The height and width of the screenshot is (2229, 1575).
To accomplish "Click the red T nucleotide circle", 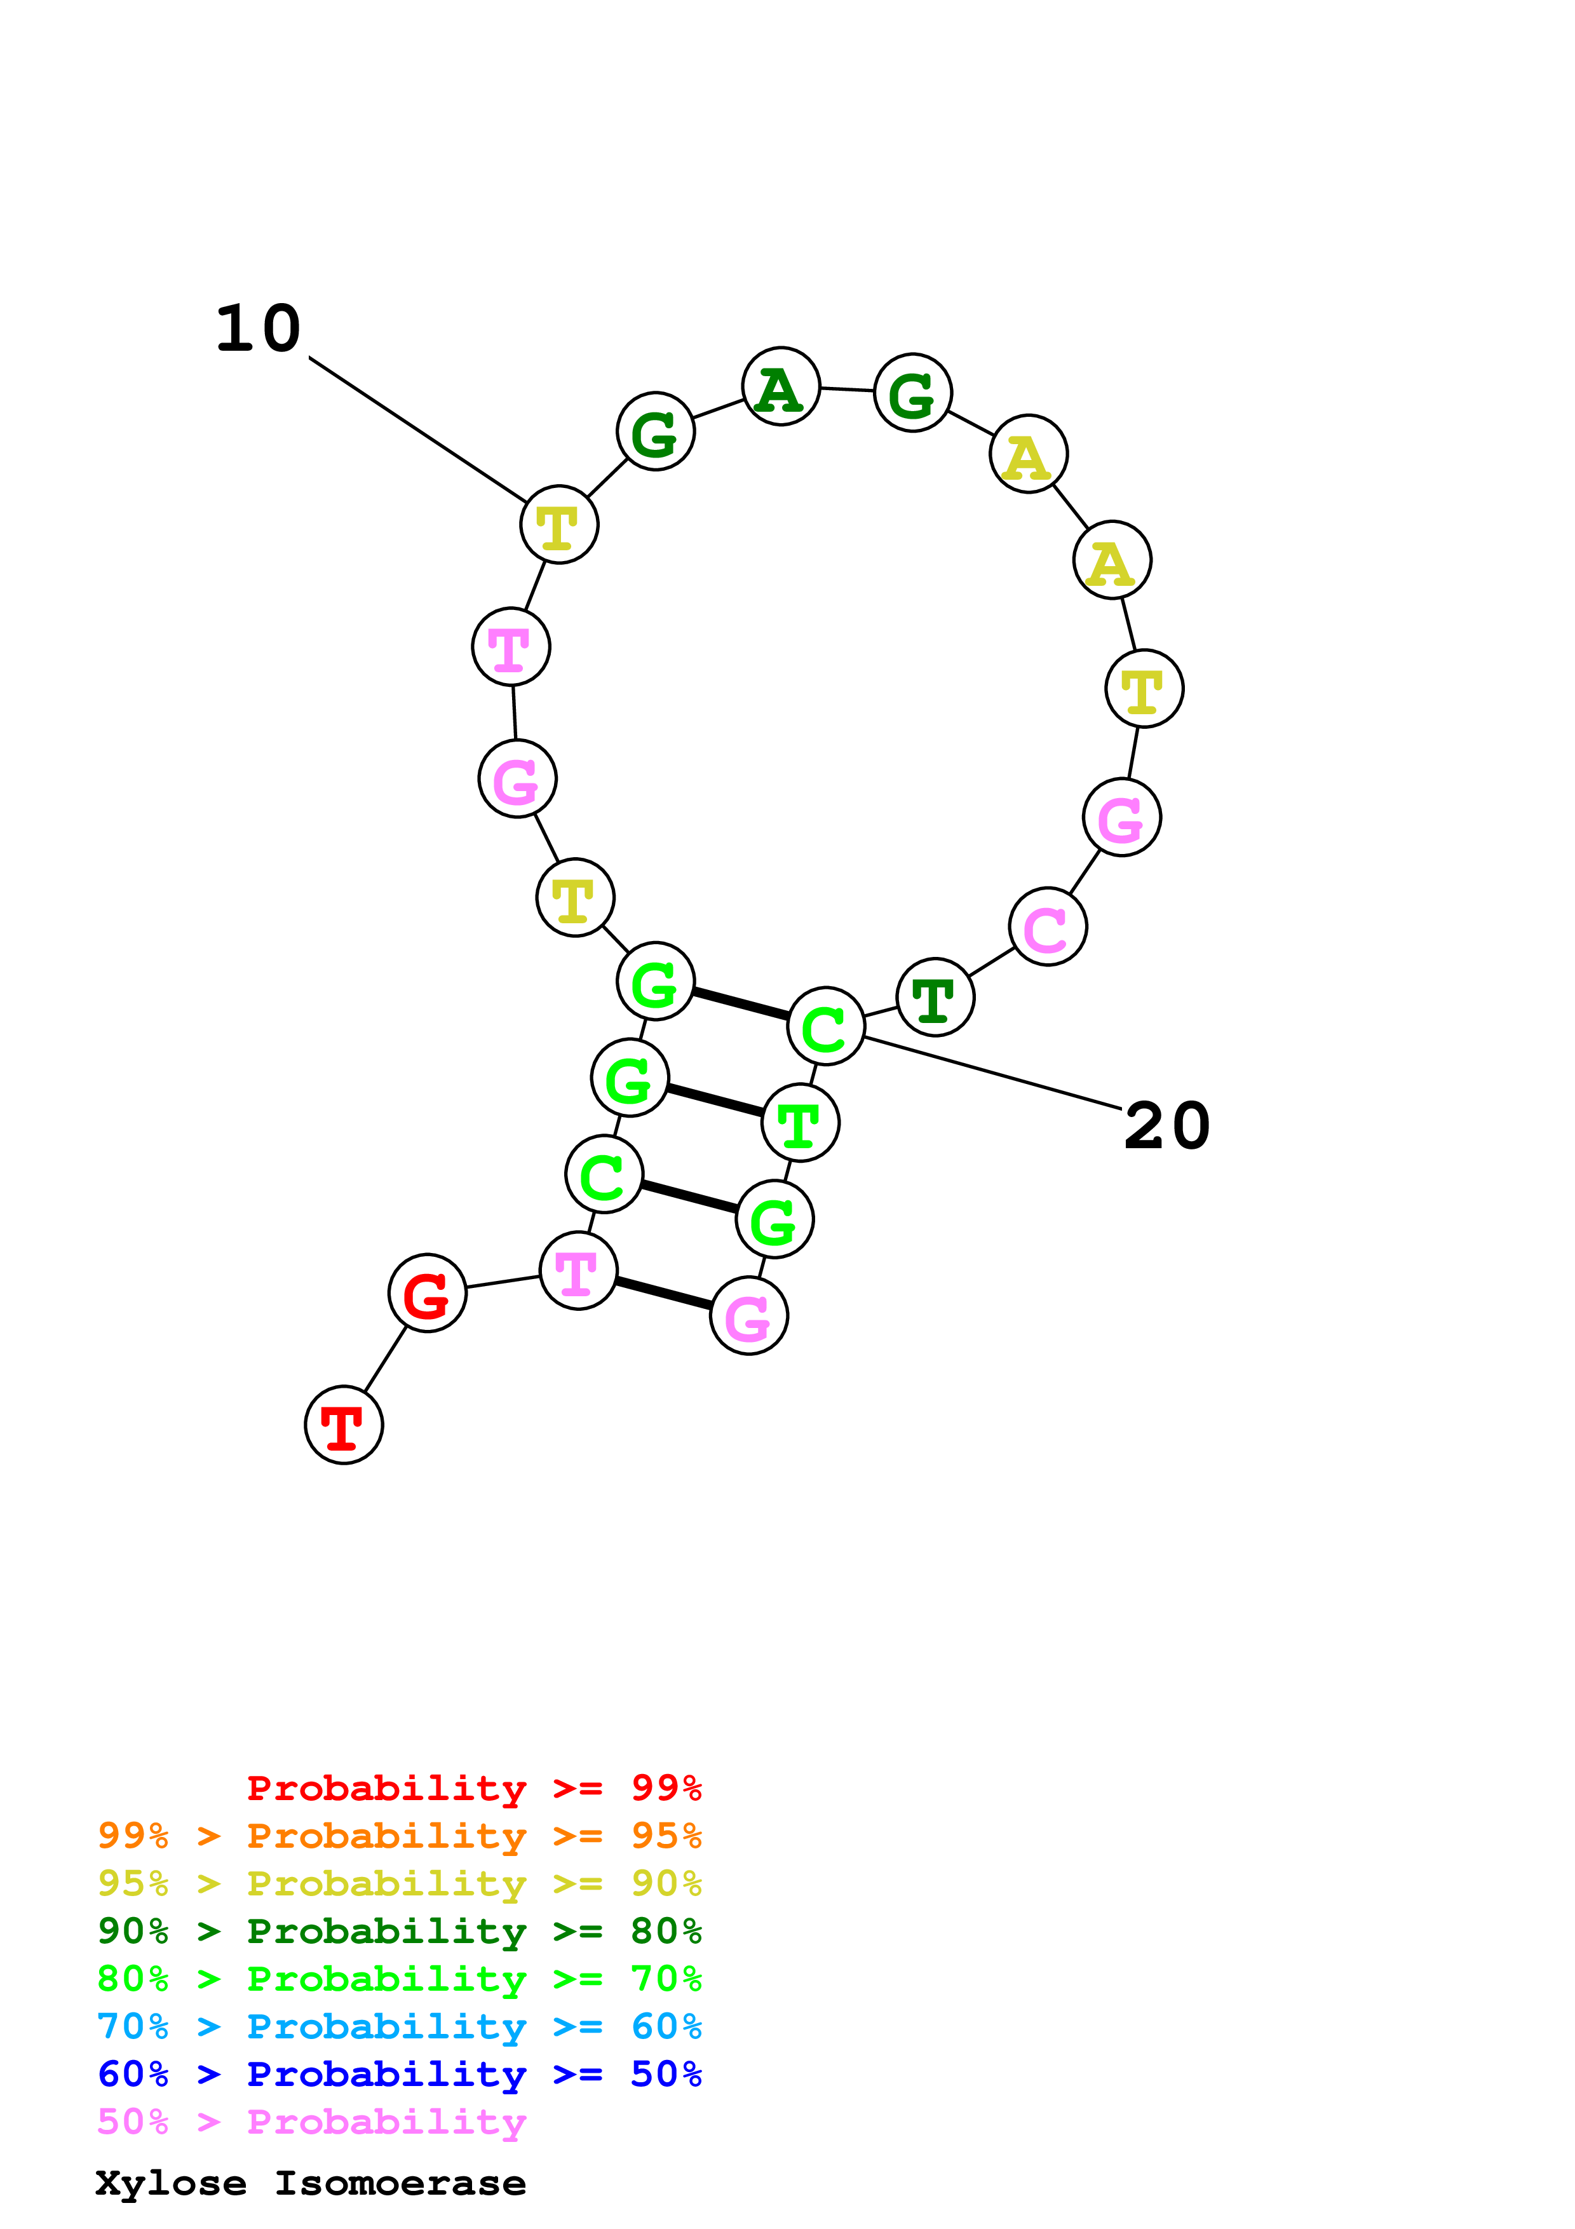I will [344, 1424].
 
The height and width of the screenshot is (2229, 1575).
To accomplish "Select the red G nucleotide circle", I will [427, 1292].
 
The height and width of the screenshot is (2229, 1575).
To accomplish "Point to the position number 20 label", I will [1166, 1126].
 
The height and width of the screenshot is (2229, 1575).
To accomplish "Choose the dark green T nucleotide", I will [935, 997].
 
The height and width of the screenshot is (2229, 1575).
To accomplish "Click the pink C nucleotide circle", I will [1047, 926].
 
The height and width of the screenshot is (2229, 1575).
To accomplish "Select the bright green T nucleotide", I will [800, 1122].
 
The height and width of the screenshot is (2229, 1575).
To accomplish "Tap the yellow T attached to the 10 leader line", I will [559, 524].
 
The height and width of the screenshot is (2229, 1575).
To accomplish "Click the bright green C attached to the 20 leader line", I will [826, 1026].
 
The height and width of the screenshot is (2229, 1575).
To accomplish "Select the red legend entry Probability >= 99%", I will [473, 1788].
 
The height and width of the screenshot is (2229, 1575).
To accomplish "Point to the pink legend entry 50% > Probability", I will [311, 2122].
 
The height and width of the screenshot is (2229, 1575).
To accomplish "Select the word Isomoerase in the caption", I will [400, 2183].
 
